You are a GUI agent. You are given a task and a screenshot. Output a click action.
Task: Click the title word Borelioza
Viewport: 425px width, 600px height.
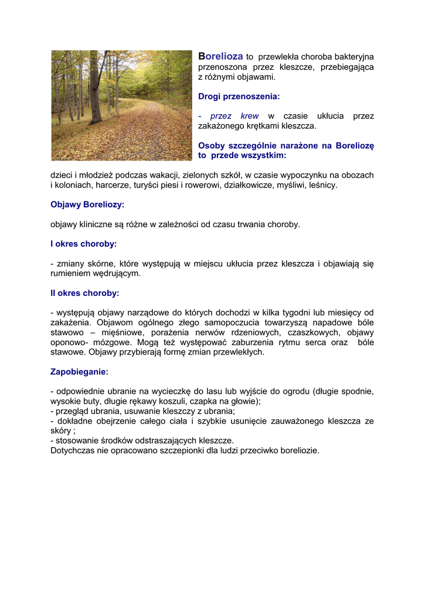coord(220,56)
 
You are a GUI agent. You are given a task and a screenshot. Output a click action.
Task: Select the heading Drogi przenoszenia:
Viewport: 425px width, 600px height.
coord(239,96)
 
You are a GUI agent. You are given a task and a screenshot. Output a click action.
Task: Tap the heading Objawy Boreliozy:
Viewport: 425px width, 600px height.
coord(87,204)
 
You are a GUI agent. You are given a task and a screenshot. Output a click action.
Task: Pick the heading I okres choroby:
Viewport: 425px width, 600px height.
coord(84,244)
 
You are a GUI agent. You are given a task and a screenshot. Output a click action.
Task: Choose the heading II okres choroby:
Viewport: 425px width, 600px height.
coord(85,293)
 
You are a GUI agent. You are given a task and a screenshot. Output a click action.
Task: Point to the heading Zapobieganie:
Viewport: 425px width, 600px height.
coord(79,371)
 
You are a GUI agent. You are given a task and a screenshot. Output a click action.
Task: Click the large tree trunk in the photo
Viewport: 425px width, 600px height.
coord(96,88)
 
